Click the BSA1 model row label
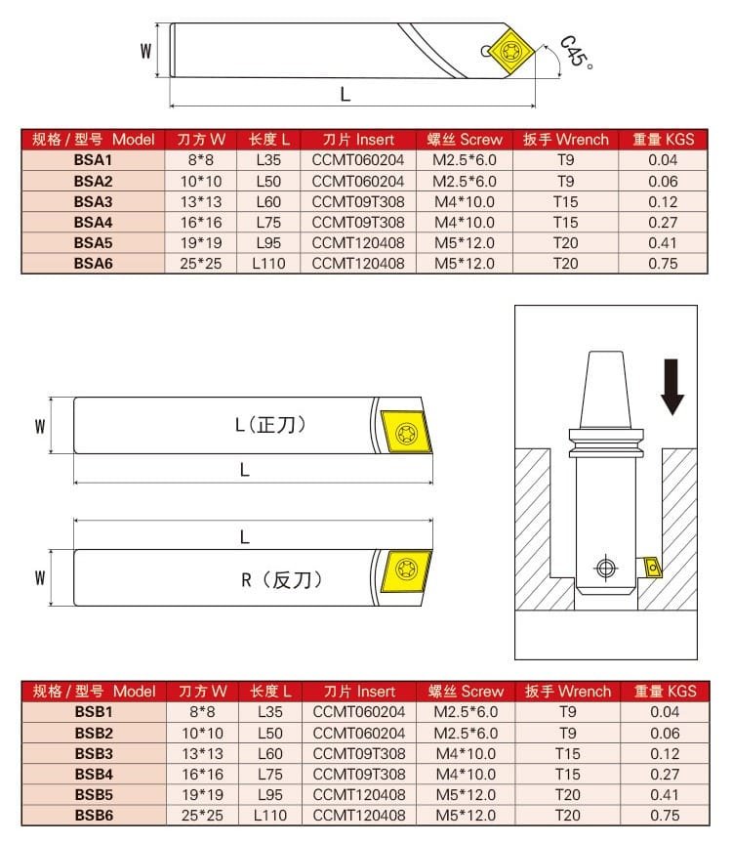click(94, 160)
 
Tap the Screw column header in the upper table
click(465, 140)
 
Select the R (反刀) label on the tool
click(281, 579)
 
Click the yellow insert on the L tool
click(404, 429)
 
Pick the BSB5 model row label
click(95, 794)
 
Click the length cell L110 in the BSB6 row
click(269, 815)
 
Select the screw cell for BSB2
click(466, 733)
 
